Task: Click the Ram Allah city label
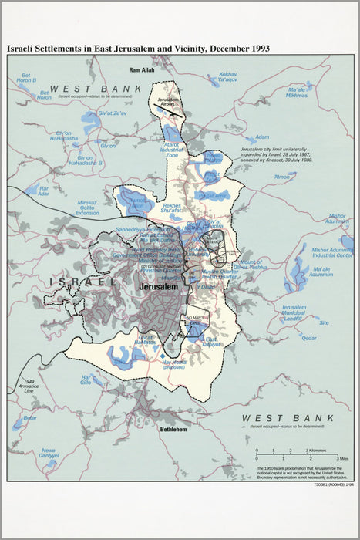(142, 70)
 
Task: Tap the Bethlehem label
(174, 428)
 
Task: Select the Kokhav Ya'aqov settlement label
(227, 76)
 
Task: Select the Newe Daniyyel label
(49, 454)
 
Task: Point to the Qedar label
(308, 337)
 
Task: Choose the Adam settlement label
(262, 137)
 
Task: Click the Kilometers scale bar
(282, 449)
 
